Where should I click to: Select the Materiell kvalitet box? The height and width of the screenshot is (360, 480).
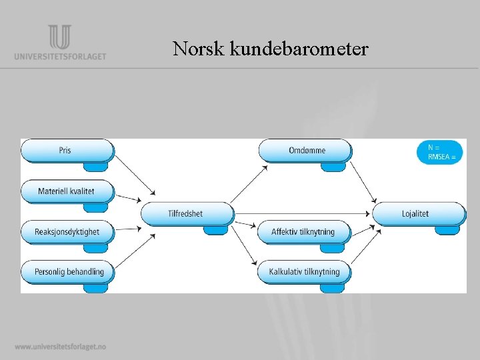coord(67,191)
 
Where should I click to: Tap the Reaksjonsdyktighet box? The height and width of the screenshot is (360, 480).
coord(67,232)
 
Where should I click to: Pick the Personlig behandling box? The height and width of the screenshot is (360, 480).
coord(67,271)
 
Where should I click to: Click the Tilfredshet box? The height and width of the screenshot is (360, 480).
coord(187,213)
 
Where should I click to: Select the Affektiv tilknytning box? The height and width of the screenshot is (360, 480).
coord(303,232)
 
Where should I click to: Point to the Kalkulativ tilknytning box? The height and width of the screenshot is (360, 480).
coord(305,271)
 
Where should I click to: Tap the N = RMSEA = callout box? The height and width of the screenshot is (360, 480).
coord(439,152)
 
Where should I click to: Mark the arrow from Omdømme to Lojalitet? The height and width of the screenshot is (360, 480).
coord(363,179)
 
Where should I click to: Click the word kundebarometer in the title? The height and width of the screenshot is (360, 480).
coord(299,49)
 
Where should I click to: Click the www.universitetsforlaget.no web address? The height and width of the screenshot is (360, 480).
coord(60,347)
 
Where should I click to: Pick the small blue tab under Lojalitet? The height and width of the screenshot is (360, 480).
coord(447,230)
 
